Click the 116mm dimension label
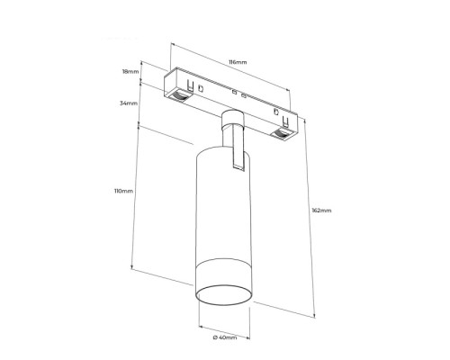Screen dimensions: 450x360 (238, 62)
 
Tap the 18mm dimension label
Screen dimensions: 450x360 (130, 72)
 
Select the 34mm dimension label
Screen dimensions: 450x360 (129, 103)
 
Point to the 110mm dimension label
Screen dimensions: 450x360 (123, 191)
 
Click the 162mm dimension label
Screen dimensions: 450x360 (321, 211)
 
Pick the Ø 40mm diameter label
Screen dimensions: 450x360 (225, 337)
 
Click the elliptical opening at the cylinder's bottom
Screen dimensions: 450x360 (223, 295)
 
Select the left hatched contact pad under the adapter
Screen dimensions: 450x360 (179, 95)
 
